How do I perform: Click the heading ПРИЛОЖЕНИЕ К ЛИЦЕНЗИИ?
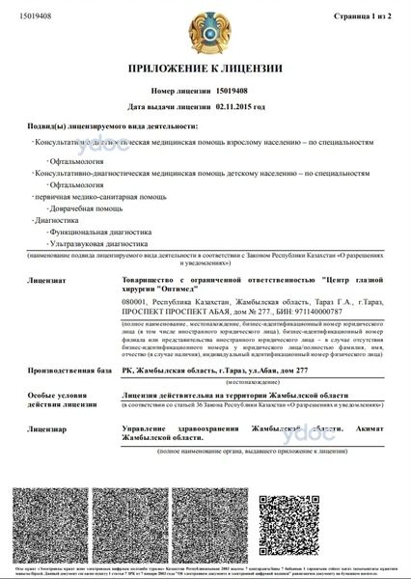205,69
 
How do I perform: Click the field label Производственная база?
69,370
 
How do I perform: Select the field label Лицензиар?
48,427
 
